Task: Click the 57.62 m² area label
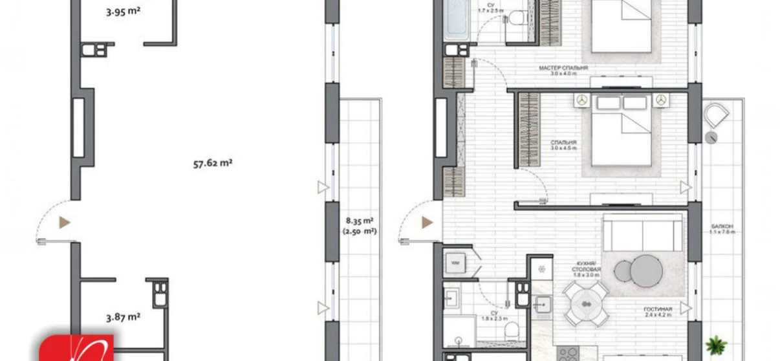tap(212, 164)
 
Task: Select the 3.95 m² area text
tap(123, 10)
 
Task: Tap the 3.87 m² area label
tap(123, 317)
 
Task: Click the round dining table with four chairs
tap(586, 302)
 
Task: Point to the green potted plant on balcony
tap(716, 344)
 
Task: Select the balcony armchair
tap(715, 117)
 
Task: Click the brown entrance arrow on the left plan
tap(65, 223)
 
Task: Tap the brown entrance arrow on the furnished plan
tap(427, 223)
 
